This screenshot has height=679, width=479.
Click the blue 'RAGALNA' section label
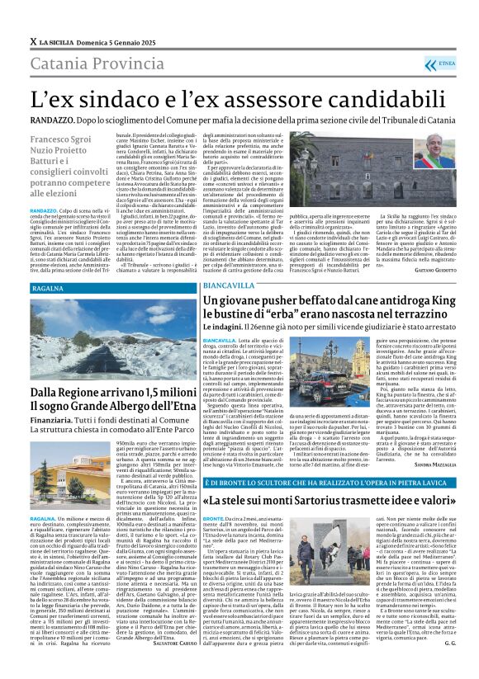pos(48,290)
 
